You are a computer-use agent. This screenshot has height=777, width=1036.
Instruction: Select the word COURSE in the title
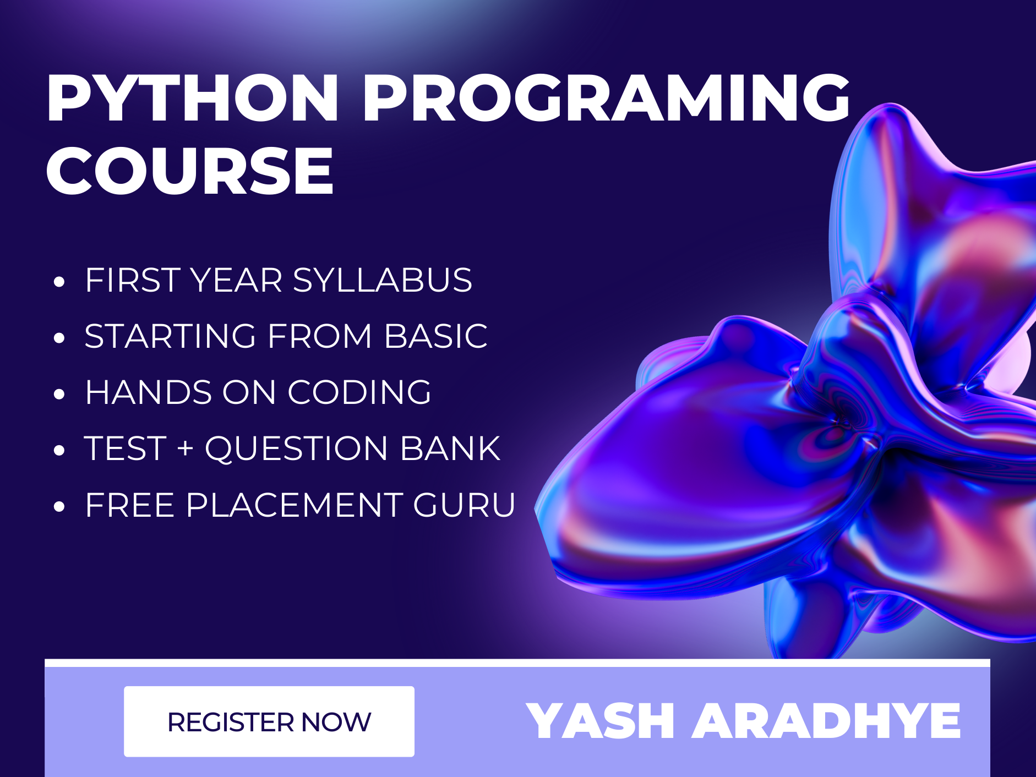coord(190,171)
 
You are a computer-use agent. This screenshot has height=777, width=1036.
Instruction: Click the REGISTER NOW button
coord(269,721)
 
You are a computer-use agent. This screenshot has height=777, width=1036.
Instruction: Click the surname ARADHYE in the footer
coord(826,721)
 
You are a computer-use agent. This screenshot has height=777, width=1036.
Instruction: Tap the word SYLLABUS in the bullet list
coord(382,280)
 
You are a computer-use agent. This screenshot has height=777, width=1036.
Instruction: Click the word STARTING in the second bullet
coord(170,336)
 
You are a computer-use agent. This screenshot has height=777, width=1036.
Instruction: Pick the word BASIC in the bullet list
coord(435,336)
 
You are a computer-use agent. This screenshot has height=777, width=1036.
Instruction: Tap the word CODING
coord(359,392)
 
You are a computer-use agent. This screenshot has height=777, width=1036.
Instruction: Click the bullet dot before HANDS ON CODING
coord(59,395)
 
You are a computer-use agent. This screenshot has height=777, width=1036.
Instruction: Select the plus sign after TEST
coord(186,448)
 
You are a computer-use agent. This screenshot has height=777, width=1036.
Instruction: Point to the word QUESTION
coord(296,449)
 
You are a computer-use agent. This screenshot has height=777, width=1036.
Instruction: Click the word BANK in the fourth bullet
coord(450,448)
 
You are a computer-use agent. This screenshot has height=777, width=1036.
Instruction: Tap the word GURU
coord(464,505)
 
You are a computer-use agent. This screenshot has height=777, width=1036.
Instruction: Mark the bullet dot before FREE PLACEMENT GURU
coord(59,507)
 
